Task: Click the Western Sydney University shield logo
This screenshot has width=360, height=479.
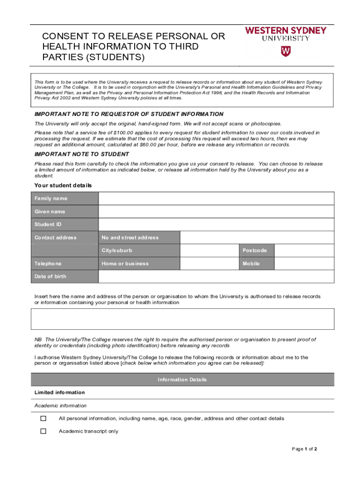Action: click(285, 51)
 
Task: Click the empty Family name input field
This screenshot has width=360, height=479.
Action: click(216, 198)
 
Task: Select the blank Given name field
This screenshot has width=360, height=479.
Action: click(216, 211)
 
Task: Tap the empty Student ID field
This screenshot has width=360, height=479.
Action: click(216, 225)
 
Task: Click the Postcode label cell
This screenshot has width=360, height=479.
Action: click(255, 251)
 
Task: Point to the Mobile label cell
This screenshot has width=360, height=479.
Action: click(251, 264)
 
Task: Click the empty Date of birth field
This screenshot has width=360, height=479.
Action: click(216, 276)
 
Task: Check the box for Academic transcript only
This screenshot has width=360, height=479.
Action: click(43, 431)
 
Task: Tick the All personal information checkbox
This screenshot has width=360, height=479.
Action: click(43, 419)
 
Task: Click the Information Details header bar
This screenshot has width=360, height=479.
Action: click(182, 380)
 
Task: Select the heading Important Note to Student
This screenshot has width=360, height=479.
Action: click(82, 154)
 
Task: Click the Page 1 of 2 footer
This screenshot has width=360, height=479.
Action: click(304, 449)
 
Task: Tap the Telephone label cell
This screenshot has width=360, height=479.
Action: click(48, 264)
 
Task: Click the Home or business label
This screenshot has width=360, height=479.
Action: click(125, 264)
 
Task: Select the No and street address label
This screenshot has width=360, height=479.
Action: click(130, 238)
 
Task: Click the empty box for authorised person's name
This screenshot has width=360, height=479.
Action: click(182, 319)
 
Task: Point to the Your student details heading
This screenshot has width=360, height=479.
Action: click(63, 186)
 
